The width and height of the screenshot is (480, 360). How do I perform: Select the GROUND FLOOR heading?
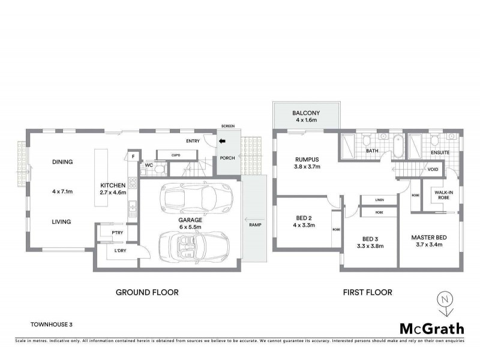[147, 293]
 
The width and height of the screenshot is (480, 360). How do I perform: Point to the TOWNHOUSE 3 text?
[52, 324]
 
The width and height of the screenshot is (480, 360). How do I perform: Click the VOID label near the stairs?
[433, 169]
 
